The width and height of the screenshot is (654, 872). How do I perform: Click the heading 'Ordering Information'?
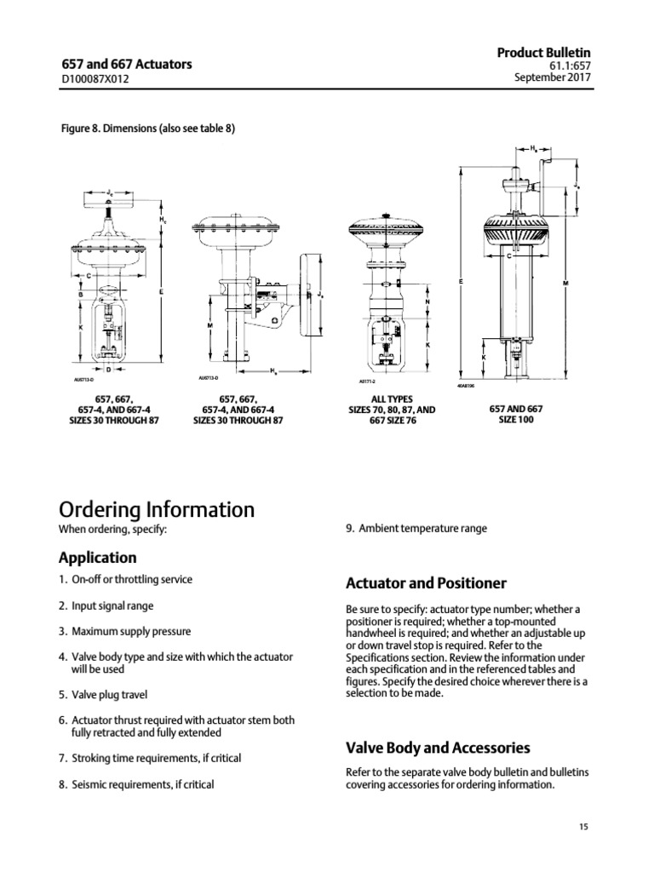click(x=156, y=509)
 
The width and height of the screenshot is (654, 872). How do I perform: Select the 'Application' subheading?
click(x=97, y=558)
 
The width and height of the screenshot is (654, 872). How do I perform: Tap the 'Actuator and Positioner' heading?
click(x=426, y=583)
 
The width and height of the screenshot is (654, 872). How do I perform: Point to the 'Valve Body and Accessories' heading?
click(x=438, y=748)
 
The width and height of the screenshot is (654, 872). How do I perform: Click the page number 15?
click(x=582, y=826)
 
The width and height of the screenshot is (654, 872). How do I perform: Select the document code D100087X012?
click(x=96, y=79)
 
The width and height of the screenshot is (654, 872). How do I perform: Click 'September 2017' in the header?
click(x=554, y=77)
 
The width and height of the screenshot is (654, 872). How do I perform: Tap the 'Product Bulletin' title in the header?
click(x=544, y=52)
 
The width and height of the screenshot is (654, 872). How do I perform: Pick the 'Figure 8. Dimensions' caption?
click(x=146, y=129)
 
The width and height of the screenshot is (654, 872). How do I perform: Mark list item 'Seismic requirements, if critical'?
click(x=141, y=784)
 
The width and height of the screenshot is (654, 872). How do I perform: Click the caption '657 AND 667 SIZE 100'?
click(x=516, y=414)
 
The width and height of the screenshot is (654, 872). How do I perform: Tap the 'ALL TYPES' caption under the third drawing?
click(x=391, y=399)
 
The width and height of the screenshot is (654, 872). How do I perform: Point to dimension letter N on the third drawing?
click(x=426, y=303)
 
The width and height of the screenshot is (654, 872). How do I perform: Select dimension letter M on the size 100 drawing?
click(x=565, y=282)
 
